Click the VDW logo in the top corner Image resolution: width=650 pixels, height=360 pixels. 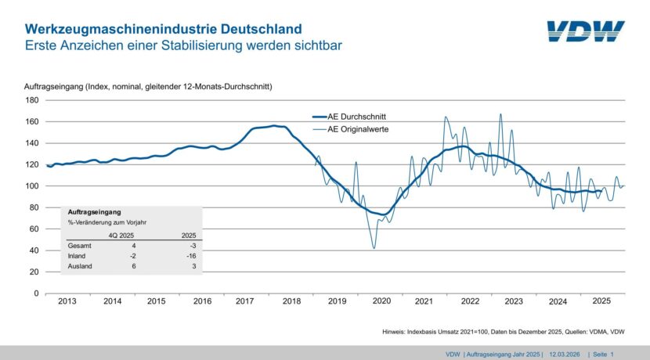point(586,31)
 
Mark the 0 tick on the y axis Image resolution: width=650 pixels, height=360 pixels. point(36,293)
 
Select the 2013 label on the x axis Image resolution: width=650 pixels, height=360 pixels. point(67,301)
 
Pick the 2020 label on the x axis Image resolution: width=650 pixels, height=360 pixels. point(381,301)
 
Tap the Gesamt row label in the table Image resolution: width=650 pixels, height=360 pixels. point(80,245)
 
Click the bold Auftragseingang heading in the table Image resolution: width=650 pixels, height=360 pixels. point(93,211)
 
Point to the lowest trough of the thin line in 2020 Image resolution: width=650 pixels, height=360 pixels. point(374,248)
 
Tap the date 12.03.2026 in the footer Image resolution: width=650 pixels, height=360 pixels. point(565,354)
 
